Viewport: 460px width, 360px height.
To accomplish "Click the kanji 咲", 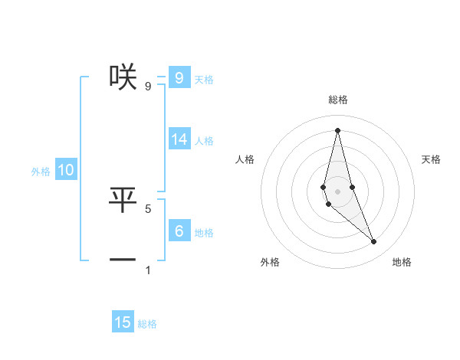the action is [x=123, y=75].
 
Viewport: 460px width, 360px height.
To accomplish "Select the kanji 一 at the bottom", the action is [x=123, y=260].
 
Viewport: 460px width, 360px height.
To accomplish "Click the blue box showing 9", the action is [x=179, y=77].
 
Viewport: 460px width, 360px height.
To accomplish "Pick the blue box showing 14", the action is [x=179, y=139].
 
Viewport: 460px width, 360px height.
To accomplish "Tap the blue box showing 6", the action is [x=179, y=231].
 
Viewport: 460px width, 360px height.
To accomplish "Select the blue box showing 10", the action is [x=66, y=170].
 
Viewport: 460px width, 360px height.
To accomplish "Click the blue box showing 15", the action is [x=123, y=322].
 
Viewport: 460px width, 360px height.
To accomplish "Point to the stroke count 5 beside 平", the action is [x=148, y=208].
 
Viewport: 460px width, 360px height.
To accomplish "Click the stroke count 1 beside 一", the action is [x=148, y=270].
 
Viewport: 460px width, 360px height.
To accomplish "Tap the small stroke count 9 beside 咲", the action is [x=148, y=86].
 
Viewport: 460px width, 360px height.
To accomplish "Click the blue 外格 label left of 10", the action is [x=41, y=172].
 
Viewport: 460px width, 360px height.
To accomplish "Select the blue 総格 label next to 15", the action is [x=147, y=324].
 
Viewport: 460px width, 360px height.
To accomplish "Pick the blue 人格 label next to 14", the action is [x=204, y=141].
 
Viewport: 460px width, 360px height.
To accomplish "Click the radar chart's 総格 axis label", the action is [x=338, y=100].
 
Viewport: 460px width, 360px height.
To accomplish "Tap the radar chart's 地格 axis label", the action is [x=402, y=262].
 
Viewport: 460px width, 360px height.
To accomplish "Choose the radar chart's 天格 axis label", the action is [x=431, y=159].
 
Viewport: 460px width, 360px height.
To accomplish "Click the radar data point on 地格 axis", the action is [x=374, y=242].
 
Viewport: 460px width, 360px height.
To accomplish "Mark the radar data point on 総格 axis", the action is [x=337, y=130].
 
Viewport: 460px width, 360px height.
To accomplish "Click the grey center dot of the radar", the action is [x=337, y=191].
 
